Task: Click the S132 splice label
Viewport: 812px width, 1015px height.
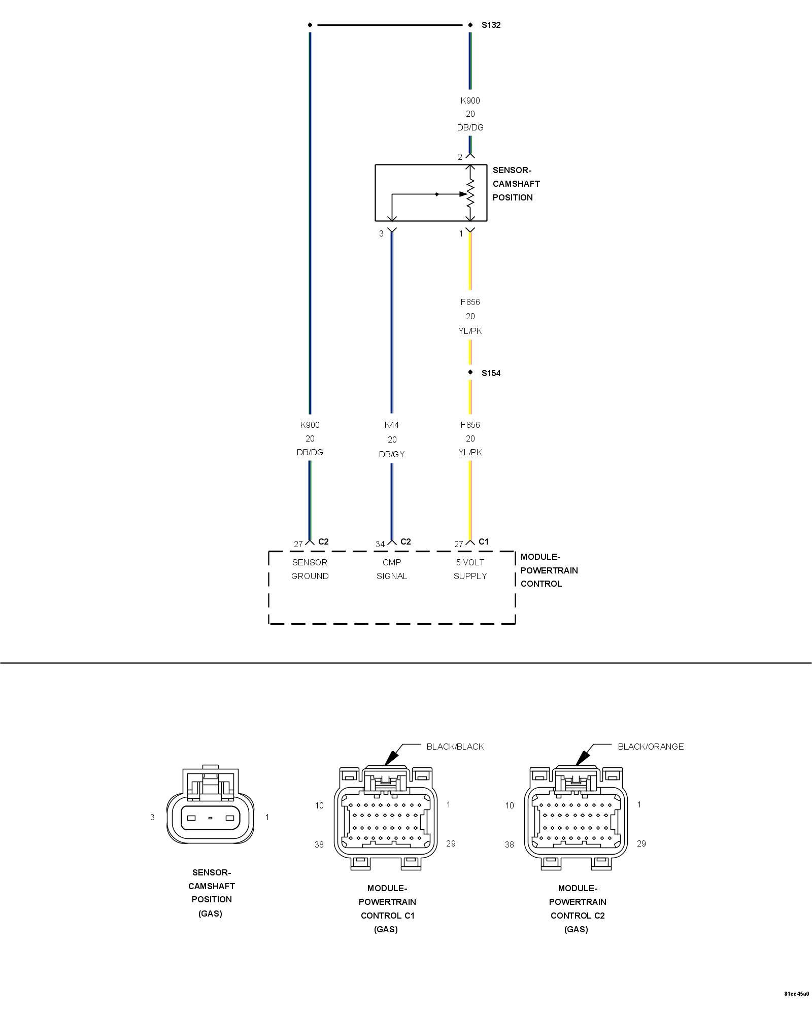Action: (491, 25)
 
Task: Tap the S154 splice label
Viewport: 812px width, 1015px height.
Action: (491, 373)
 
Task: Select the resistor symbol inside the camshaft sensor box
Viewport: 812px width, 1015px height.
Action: (470, 193)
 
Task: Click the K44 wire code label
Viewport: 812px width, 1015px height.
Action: (392, 425)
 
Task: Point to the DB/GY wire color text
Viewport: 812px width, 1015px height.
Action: (392, 454)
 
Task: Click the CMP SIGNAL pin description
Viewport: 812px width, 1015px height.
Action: (392, 569)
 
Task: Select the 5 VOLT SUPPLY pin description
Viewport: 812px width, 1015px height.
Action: (470, 569)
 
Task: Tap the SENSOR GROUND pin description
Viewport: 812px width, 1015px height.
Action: (310, 569)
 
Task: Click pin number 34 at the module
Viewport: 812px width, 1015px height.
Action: (380, 544)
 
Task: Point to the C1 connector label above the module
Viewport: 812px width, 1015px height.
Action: (484, 542)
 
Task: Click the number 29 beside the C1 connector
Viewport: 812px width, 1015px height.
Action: (451, 843)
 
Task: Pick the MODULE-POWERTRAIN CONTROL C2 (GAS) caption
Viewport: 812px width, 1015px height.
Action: (577, 908)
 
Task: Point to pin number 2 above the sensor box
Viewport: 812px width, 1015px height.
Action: (460, 157)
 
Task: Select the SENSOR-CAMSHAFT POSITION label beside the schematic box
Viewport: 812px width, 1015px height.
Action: (516, 184)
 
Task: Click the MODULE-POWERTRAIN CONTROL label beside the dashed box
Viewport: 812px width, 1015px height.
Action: (549, 570)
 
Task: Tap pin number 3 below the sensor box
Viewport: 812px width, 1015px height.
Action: (381, 234)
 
